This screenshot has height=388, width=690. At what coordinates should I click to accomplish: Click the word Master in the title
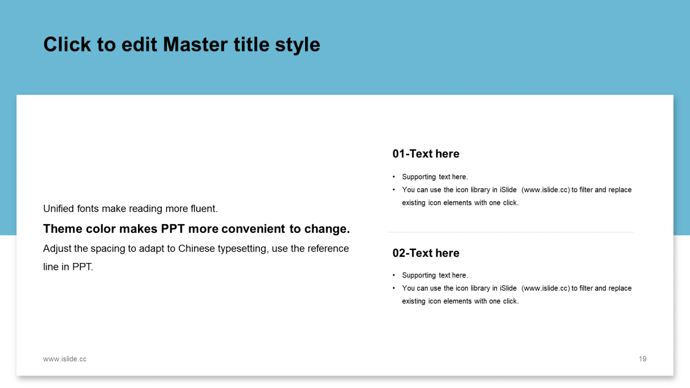196,45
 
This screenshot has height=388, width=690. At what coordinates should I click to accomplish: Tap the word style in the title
298,46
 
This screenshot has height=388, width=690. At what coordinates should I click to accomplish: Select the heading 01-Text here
426,154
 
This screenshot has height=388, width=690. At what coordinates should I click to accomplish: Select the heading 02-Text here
426,253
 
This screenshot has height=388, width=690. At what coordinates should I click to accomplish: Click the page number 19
643,359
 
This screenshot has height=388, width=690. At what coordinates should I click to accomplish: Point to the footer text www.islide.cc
65,359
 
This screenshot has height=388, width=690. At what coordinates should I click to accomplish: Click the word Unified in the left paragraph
59,209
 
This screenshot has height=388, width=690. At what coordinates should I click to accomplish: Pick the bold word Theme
63,229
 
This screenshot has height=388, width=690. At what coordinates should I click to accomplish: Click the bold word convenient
253,229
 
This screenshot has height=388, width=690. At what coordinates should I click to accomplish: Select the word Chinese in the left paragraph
196,248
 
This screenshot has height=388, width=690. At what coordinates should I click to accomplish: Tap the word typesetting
243,249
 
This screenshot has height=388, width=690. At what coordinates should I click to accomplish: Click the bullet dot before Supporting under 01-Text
394,177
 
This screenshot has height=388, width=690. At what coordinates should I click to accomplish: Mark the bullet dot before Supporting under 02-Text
394,275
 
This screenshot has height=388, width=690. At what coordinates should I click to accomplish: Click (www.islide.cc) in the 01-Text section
546,190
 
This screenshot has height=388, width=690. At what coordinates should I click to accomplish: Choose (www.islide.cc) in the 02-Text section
546,288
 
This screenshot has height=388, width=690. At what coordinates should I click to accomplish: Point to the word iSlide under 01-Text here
508,190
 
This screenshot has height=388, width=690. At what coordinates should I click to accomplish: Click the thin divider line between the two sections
510,232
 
